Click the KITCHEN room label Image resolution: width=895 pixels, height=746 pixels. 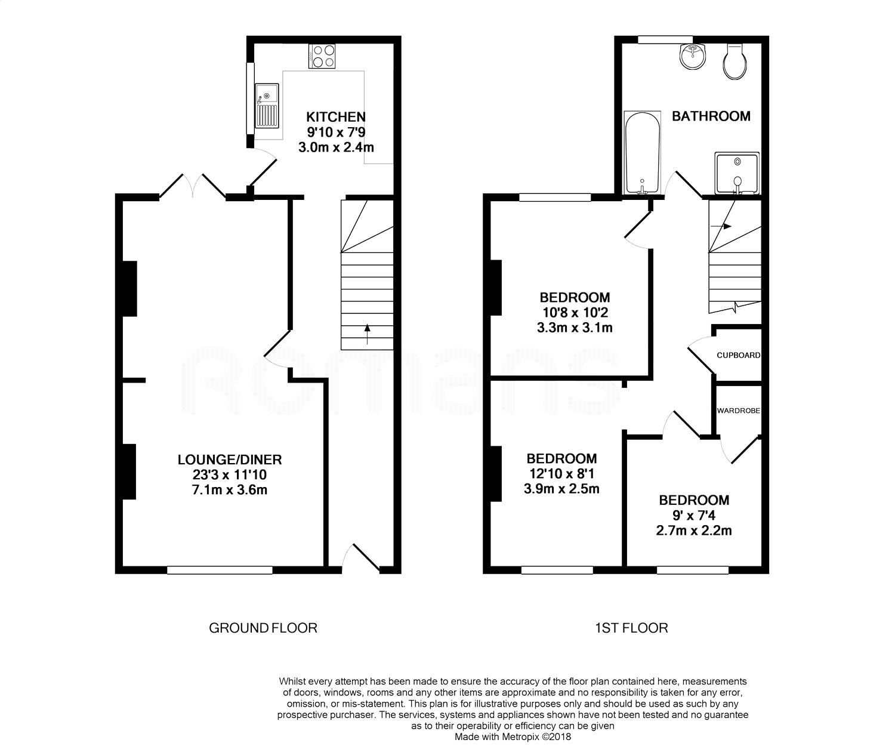335,116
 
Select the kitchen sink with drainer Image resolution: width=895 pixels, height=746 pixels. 267,106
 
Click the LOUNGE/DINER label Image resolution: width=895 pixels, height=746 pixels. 229,460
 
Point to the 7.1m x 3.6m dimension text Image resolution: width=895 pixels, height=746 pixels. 229,490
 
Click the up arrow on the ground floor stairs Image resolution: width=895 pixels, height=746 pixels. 367,330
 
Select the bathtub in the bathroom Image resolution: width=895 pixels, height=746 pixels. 642,152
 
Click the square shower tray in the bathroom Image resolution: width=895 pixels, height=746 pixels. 737,173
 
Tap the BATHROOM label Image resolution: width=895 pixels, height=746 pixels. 711,116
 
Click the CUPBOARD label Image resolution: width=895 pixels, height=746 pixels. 738,355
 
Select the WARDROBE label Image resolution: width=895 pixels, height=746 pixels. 738,411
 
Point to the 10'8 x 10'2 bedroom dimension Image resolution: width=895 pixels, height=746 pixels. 575,312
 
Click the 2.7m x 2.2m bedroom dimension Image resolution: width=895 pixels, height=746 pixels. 693,530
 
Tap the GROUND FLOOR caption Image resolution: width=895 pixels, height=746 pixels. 263,628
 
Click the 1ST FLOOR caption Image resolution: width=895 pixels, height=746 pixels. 631,628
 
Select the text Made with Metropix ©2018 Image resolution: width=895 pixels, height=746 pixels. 513,737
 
